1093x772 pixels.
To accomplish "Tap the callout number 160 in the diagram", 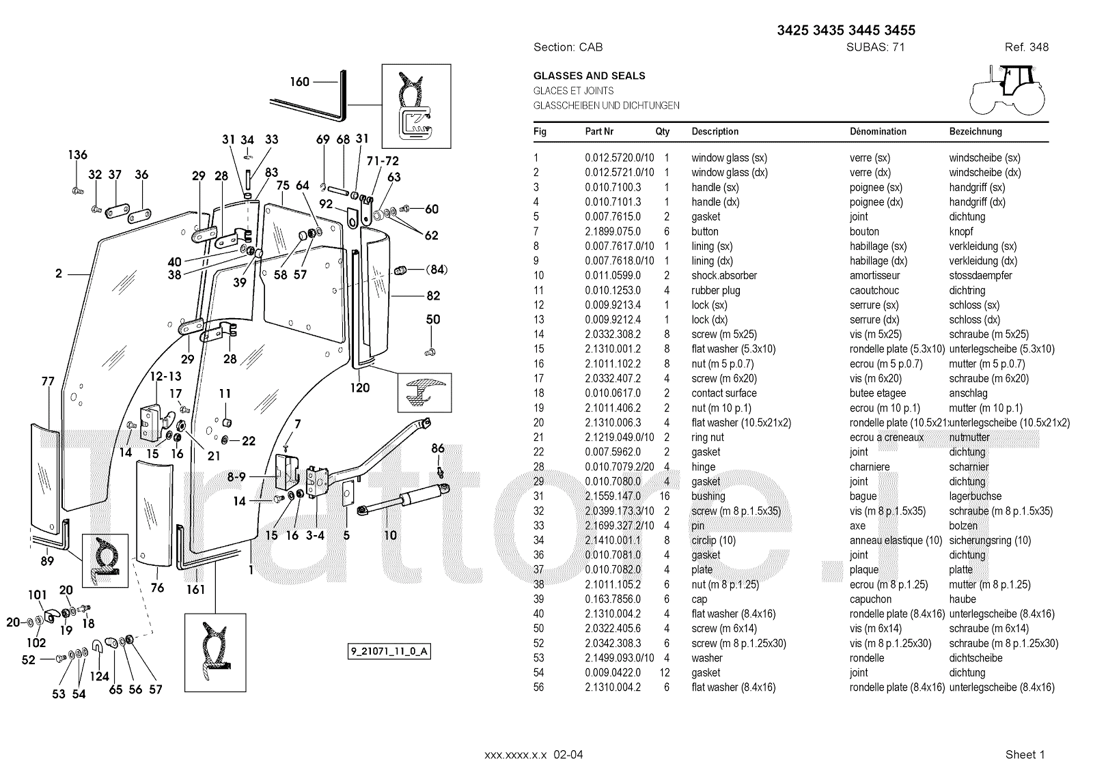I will pos(300,82).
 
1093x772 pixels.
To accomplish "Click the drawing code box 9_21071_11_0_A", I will pos(389,651).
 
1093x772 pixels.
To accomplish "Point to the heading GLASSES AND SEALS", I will pos(589,76).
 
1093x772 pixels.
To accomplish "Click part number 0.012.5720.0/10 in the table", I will pos(619,158).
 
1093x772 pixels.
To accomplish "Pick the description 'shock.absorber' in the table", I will pos(724,276).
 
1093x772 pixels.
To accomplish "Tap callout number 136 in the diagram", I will pos(77,155).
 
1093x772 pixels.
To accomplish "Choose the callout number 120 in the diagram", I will pos(360,388).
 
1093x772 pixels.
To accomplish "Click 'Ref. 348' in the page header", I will pos(1026,47).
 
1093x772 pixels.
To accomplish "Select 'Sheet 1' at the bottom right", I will pos(1025,754).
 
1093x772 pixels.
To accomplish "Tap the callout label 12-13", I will pos(165,376).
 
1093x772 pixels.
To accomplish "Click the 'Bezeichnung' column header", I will pos(975,132).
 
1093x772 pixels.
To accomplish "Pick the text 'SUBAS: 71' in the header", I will pos(876,47).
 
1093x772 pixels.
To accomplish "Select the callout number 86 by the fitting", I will pos(438,448).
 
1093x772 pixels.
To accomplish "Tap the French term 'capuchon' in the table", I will pos(870,599).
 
